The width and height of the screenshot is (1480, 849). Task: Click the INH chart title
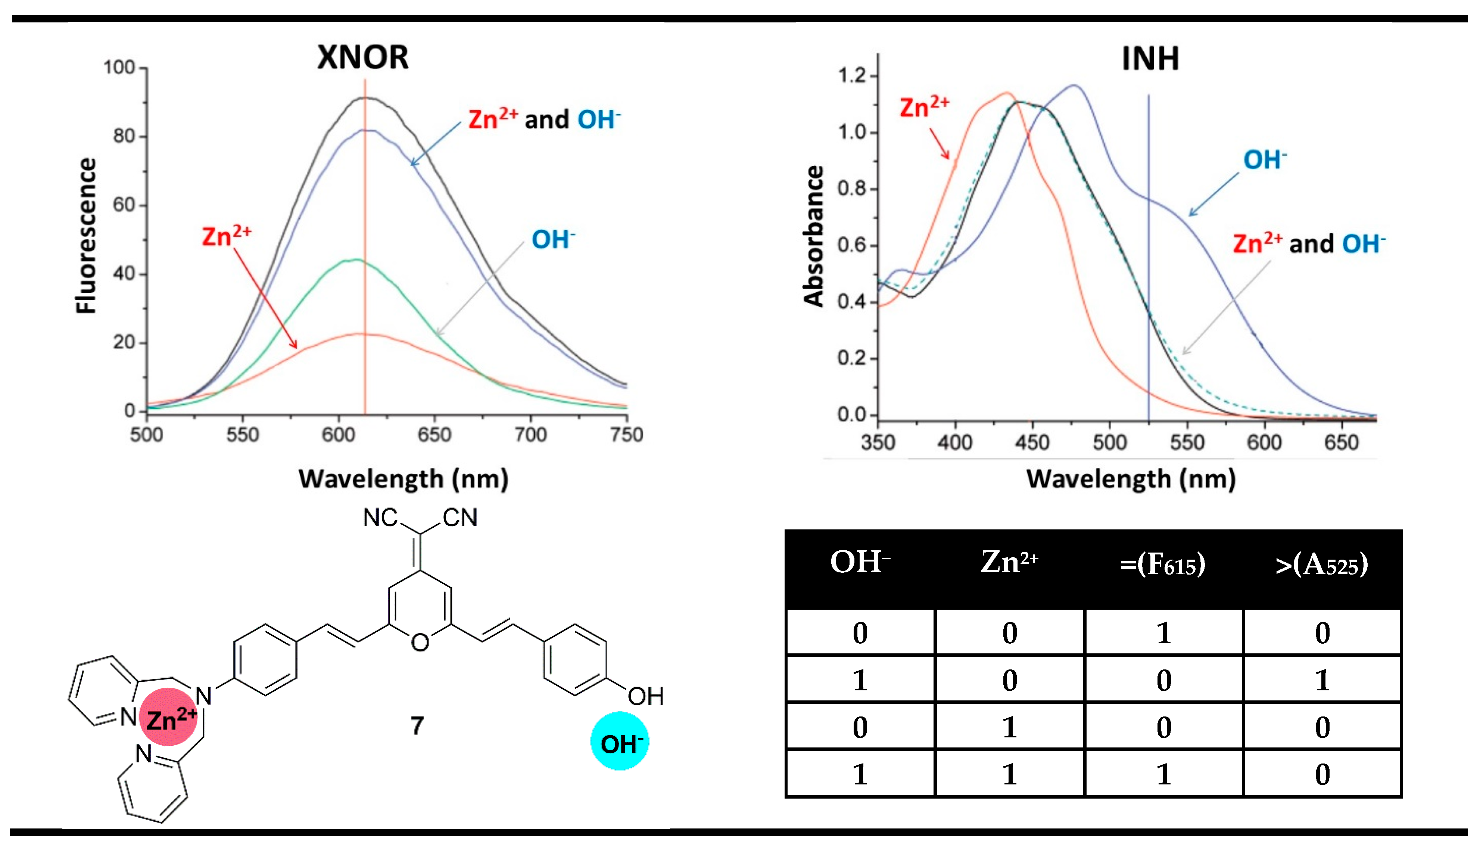(1150, 59)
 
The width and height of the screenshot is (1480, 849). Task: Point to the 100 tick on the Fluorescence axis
(119, 68)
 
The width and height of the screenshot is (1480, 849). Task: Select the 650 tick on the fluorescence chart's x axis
(434, 435)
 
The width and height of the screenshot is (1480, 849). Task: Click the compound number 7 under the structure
(417, 725)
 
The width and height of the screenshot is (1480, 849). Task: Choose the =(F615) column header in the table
(1162, 565)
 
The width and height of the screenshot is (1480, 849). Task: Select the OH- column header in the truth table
(860, 563)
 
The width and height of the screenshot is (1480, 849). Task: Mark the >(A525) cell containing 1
(1322, 680)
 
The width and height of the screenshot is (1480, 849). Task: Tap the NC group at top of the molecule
(380, 517)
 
